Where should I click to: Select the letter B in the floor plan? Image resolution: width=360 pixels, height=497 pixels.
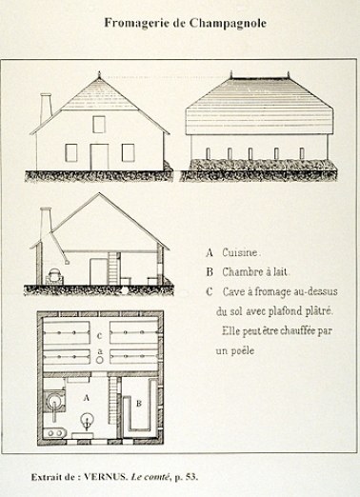click(140, 404)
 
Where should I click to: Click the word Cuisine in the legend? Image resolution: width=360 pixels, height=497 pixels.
click(242, 253)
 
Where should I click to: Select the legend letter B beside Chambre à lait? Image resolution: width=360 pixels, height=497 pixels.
click(209, 272)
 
